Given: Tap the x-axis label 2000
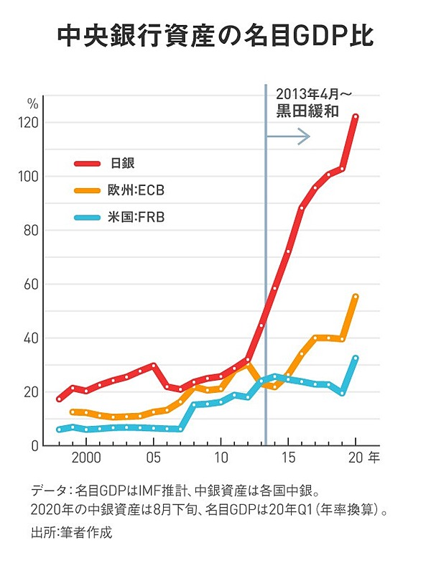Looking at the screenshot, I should point(85,458).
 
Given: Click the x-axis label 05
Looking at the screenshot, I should point(153,458).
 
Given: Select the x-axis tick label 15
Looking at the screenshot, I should point(289,458).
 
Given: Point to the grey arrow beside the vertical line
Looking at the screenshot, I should point(289,136).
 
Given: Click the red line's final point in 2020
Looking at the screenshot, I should point(356,116).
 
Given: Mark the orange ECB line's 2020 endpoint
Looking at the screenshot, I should point(356,297).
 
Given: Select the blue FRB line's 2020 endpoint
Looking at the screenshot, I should point(356,358).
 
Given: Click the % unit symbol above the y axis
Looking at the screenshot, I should point(32,103).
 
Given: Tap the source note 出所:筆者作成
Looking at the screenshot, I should point(72,533).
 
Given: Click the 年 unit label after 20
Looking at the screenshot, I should point(374,458).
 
